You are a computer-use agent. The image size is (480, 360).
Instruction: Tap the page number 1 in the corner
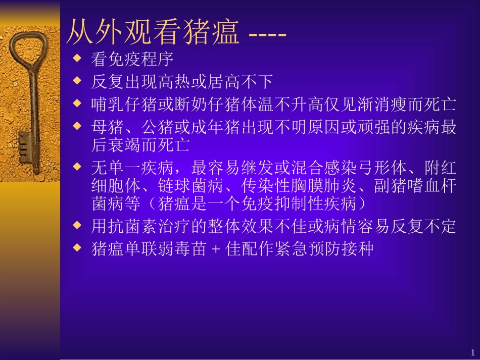click(x=472, y=352)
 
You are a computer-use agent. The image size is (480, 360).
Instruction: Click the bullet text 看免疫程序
click(x=132, y=60)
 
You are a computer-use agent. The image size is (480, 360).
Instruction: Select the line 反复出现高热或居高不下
click(x=182, y=81)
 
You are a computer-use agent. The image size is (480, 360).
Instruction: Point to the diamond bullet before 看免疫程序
click(x=77, y=59)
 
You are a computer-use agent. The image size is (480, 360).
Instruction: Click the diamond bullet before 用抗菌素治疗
click(x=77, y=226)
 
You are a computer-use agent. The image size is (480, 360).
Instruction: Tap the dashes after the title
click(x=268, y=35)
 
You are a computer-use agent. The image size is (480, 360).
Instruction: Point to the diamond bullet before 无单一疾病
click(x=77, y=165)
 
